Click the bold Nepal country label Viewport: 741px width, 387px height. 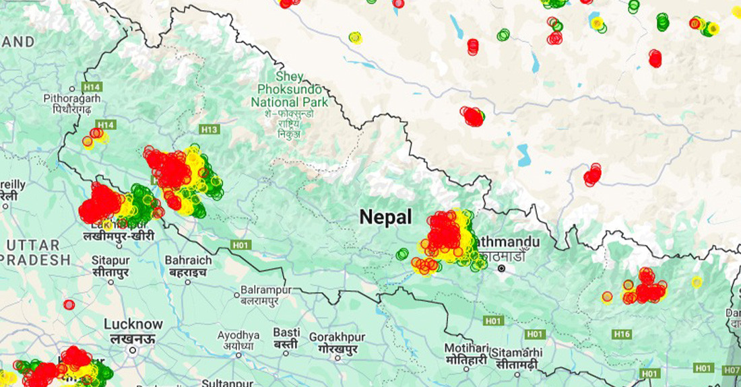385,217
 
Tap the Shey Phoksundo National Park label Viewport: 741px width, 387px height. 290,90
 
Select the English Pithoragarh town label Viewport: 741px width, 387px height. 72,98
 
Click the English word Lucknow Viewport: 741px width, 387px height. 133,324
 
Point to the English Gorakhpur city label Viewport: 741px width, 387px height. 337,337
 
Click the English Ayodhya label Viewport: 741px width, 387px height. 238,335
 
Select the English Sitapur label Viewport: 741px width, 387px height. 111,260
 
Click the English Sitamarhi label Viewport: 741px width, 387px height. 517,352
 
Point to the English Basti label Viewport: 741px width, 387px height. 286,332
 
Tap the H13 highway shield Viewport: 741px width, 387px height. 210,129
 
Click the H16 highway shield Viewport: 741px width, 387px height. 622,335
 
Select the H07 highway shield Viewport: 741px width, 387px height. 732,370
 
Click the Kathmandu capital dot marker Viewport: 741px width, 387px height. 501,269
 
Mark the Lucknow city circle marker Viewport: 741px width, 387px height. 133,350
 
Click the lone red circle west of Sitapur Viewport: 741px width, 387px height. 69,304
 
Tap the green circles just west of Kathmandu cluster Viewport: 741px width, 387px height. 402,254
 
